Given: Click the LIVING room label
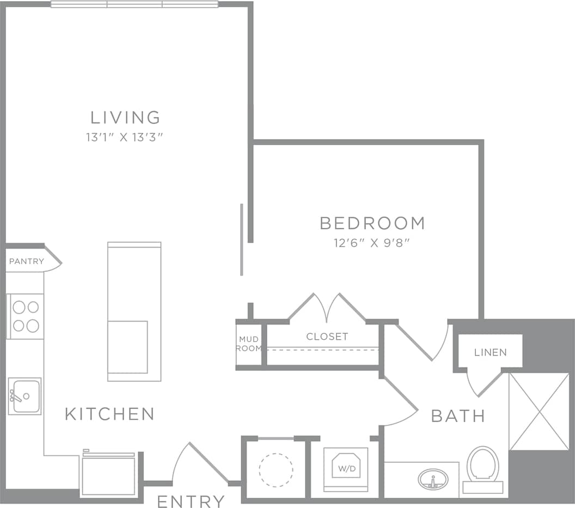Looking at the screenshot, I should pyautogui.click(x=125, y=117).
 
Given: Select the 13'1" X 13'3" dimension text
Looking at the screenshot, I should pyautogui.click(x=125, y=138).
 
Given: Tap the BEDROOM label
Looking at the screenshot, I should pyautogui.click(x=372, y=223).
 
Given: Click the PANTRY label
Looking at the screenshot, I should pyautogui.click(x=27, y=261).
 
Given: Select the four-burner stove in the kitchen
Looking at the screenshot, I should pyautogui.click(x=26, y=316).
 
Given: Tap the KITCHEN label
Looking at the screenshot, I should pyautogui.click(x=109, y=414).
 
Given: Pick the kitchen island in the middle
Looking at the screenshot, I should pyautogui.click(x=134, y=311).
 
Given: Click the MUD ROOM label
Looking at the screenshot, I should pyautogui.click(x=249, y=344).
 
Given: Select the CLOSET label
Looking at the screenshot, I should pyautogui.click(x=327, y=337).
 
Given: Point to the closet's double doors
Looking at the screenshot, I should pyautogui.click(x=327, y=308).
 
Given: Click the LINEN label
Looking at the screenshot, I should pyautogui.click(x=491, y=352).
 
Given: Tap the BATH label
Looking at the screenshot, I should pyautogui.click(x=457, y=416).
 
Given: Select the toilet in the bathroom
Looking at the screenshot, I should pyautogui.click(x=482, y=468).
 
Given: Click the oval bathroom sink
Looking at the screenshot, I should pyautogui.click(x=433, y=480).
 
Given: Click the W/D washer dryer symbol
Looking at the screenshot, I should pyautogui.click(x=346, y=467).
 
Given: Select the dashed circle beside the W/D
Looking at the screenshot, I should pyautogui.click(x=276, y=469).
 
